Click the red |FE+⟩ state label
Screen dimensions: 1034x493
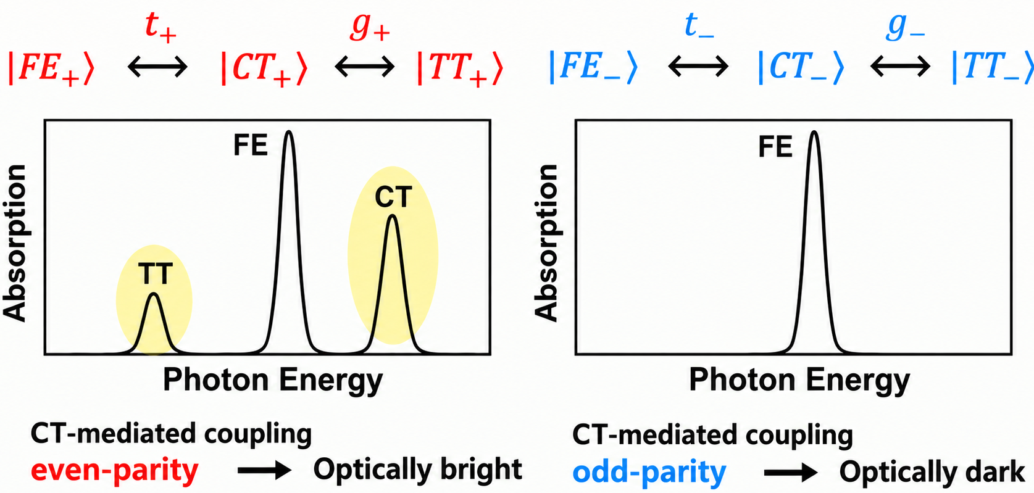pos(51,68)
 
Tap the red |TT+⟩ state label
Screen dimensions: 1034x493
pos(460,68)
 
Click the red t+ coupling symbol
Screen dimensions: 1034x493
pos(160,27)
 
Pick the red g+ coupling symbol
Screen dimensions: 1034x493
pos(370,28)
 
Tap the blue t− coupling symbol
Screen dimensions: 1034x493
pos(699,25)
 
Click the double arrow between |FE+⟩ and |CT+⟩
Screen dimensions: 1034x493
pos(158,67)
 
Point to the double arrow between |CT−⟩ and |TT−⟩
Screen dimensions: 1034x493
pos(900,67)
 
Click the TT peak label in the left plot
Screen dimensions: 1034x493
pos(156,273)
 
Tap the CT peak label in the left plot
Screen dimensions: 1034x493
pos(393,197)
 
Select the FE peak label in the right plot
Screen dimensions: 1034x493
pos(775,147)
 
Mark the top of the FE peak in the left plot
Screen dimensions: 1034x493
pos(289,132)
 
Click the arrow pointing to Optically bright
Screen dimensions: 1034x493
pos(264,470)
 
